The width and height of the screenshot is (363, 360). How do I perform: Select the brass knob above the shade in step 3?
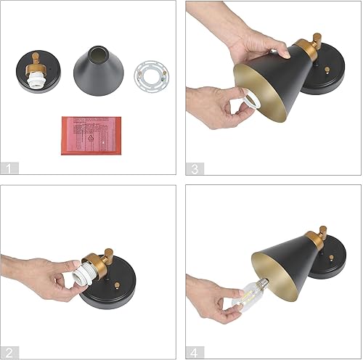(x=317, y=38)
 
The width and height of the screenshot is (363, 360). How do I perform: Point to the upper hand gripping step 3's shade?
(x=258, y=44)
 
